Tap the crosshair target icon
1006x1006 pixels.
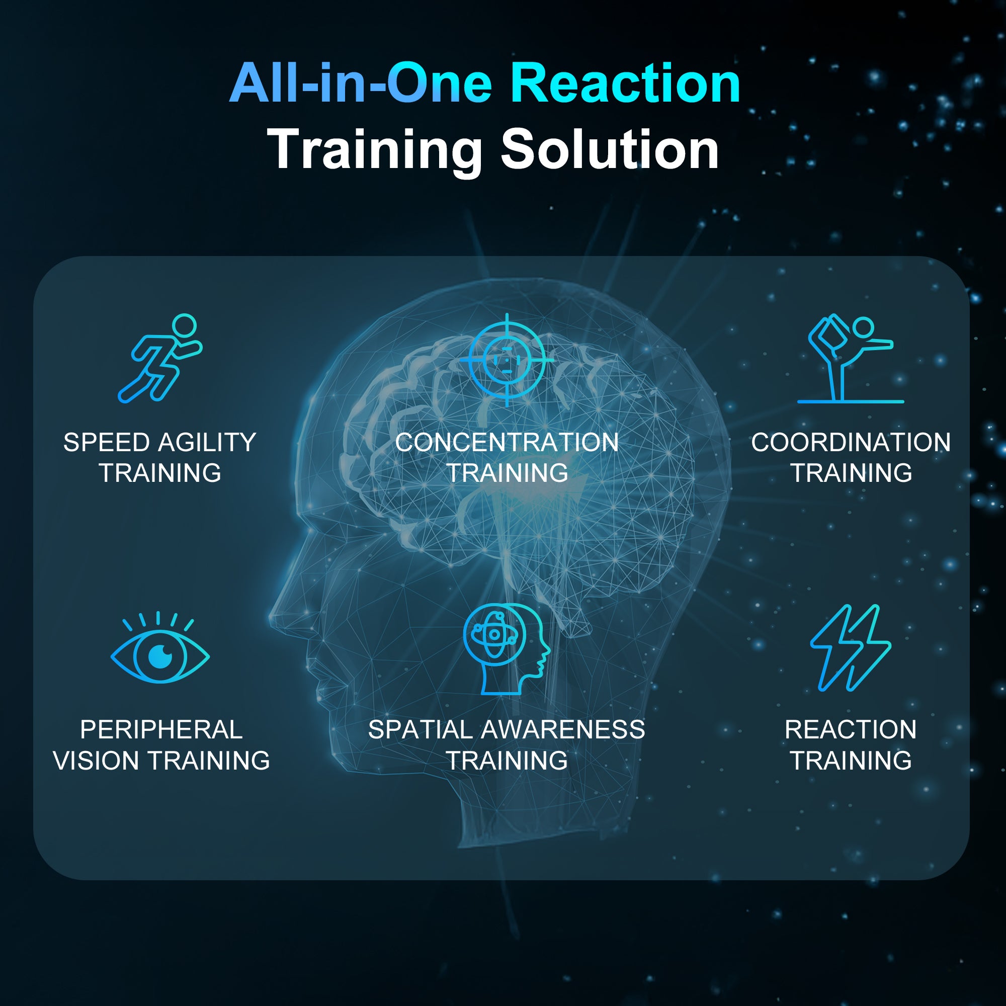click(507, 359)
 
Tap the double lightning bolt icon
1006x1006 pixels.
click(850, 648)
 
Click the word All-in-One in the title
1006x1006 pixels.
click(361, 83)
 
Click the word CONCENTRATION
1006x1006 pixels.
click(507, 443)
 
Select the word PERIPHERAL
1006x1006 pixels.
click(161, 729)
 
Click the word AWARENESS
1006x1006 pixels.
click(563, 729)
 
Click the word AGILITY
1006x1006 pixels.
click(207, 443)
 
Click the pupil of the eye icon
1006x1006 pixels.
click(160, 655)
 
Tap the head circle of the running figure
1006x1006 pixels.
click(184, 326)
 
